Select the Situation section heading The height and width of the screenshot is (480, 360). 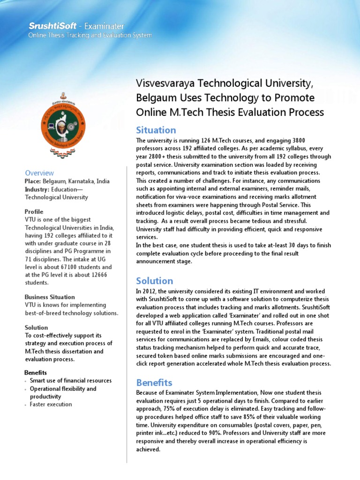[x=156, y=130]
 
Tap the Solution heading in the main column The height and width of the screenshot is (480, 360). [x=154, y=281]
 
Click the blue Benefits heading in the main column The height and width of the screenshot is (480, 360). [x=154, y=382]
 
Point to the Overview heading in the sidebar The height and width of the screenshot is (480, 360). [x=39, y=173]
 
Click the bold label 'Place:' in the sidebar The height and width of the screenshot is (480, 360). [x=33, y=181]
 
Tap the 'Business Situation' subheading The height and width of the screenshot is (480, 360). [x=49, y=297]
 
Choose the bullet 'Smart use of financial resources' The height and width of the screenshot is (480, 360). [x=71, y=381]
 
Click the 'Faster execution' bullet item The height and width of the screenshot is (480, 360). [x=51, y=404]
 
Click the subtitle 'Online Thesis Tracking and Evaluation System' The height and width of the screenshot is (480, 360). [x=90, y=35]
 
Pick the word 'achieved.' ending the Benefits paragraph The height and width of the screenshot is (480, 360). [x=148, y=449]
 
